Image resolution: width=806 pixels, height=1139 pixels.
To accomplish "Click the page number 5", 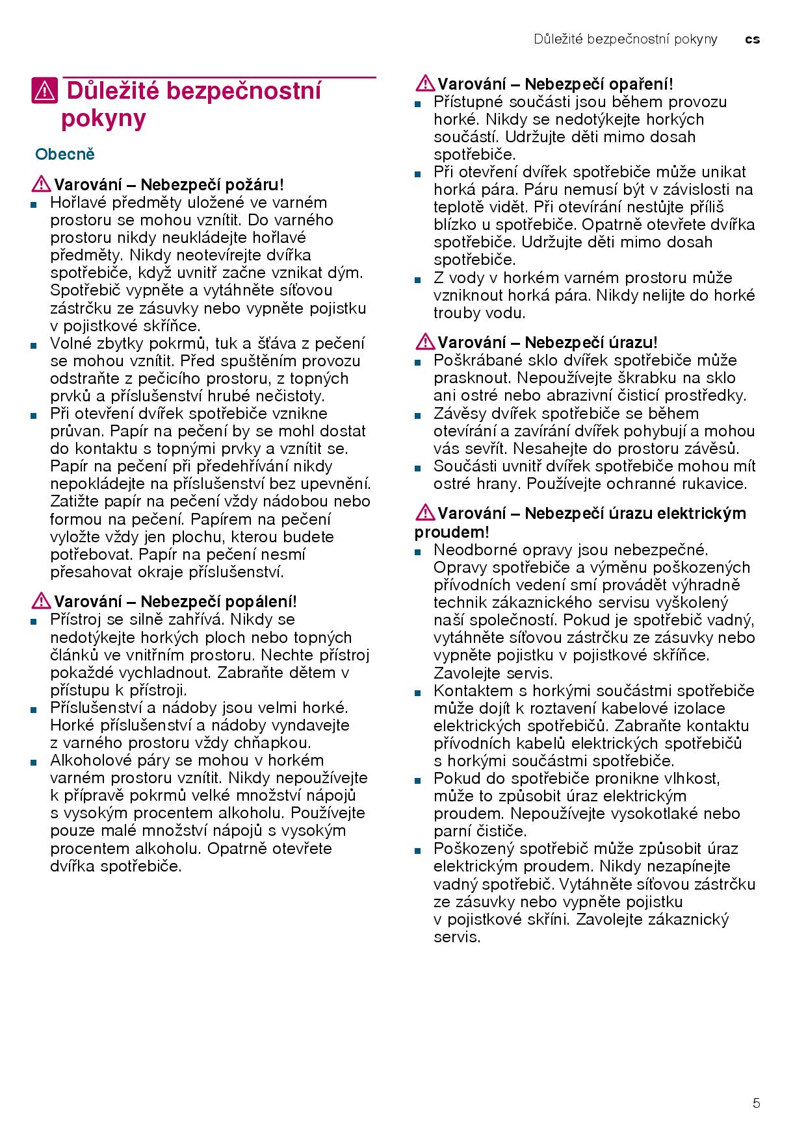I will pos(756,1103).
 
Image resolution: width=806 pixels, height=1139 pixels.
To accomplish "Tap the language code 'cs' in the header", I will pos(752,40).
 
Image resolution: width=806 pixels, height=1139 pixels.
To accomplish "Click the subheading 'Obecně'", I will pos(65,155).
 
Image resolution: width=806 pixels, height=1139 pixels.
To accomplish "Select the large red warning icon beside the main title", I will pos(44,91).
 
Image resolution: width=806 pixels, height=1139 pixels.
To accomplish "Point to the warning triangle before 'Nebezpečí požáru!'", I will pos(42,184).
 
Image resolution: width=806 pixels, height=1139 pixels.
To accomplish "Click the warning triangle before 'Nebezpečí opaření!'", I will pos(426,84).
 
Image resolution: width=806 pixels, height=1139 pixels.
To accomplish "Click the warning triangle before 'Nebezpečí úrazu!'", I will pos(426,342).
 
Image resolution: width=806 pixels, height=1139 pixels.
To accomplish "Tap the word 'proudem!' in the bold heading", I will pos(452,532).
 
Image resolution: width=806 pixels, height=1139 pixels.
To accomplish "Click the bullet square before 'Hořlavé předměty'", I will pos(32,204).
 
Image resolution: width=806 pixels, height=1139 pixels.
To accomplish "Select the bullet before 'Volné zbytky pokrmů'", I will pos(32,345).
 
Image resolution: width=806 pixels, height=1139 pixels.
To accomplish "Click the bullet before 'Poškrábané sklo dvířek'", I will pos(417,362).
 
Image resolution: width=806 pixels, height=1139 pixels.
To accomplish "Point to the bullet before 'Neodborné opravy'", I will pos(417,551).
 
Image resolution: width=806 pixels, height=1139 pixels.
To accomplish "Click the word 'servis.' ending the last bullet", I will pos(457,937).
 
